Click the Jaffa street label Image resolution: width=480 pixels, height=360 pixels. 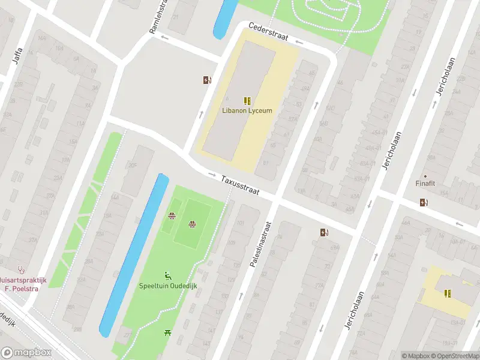[17, 55]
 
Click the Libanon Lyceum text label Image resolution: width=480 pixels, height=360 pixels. [247, 110]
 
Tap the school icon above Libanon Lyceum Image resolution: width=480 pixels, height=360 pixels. [247, 101]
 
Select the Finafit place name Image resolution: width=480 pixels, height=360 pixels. [427, 184]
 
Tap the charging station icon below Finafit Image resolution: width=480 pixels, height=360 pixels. [425, 202]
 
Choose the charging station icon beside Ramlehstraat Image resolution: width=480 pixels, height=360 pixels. [208, 80]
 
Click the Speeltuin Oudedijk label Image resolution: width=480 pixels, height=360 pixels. [168, 286]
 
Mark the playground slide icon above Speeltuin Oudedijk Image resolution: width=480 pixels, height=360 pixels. [168, 276]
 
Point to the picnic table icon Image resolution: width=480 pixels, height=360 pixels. [167, 332]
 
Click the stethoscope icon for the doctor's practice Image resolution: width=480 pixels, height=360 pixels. [22, 269]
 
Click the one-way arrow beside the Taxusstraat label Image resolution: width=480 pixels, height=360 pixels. [212, 175]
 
